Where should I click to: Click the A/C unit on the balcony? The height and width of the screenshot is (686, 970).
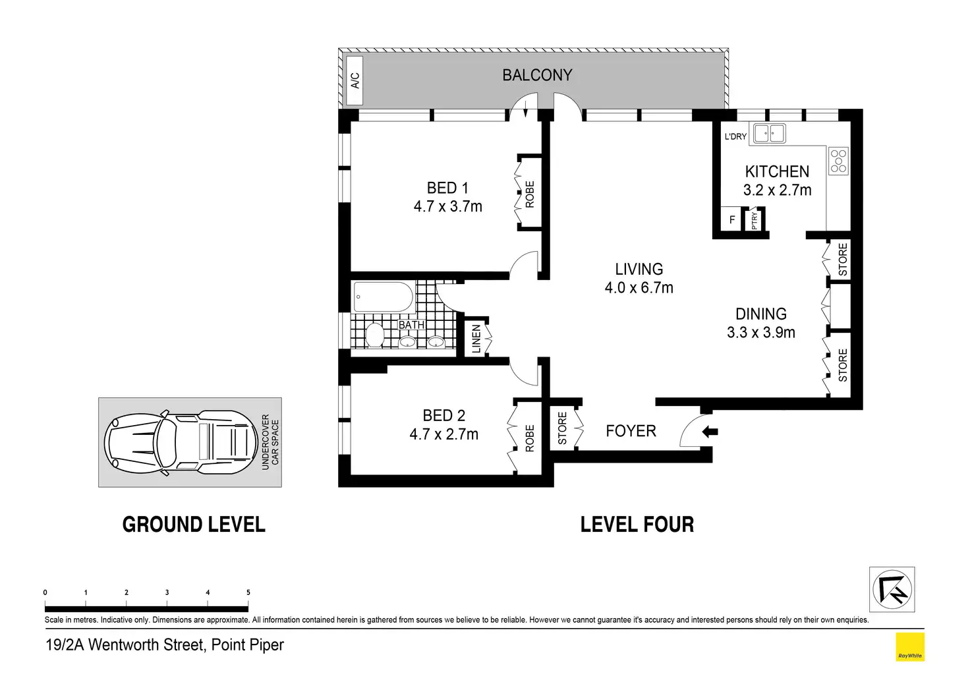[355, 80]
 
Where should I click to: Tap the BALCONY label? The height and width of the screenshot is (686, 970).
[537, 75]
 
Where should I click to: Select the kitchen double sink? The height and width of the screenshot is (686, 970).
[769, 133]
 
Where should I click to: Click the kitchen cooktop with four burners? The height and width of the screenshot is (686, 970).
[838, 161]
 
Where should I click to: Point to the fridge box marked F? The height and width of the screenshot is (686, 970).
[732, 219]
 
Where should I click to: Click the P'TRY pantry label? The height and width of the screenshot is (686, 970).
[755, 221]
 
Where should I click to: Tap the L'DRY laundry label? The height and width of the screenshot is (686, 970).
[735, 136]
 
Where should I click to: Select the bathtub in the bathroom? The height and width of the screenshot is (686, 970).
[384, 297]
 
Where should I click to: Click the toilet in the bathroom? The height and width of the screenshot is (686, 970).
[374, 335]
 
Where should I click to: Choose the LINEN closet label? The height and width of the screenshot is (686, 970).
[476, 339]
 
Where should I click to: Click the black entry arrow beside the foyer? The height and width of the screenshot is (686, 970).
[710, 432]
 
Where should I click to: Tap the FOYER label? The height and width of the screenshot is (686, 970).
[631, 431]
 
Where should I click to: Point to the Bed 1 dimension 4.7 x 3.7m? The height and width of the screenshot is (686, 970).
[447, 206]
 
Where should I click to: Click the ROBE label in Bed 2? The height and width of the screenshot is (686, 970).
[530, 438]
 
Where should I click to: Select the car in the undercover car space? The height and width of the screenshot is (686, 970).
[181, 443]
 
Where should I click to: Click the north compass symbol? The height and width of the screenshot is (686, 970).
[892, 589]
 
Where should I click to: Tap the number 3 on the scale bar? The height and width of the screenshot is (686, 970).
[167, 592]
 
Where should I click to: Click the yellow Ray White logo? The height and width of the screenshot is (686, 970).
[910, 647]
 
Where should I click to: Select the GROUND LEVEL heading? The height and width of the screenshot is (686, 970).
[194, 525]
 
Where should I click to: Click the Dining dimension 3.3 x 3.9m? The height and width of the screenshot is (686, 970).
[761, 332]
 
